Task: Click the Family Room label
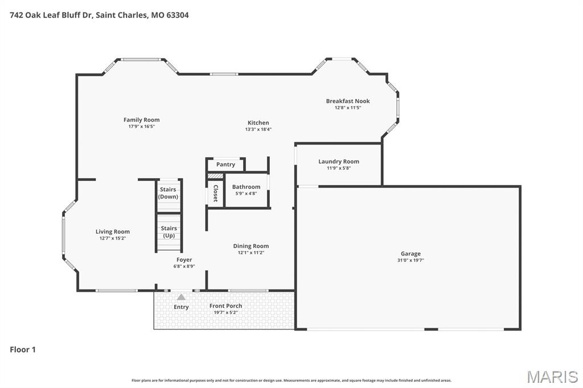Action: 141,120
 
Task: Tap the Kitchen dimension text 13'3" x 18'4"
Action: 258,129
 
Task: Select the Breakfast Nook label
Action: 347,101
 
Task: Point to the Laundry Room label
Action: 338,162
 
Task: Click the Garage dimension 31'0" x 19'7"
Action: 410,260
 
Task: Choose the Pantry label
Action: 225,164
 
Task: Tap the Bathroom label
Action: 246,187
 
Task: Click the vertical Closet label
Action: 215,193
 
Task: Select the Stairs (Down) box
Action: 168,193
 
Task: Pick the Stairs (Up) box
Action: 169,232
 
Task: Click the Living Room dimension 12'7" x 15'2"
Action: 112,238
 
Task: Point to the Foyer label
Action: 184,260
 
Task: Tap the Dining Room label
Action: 251,246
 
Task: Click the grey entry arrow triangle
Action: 181,297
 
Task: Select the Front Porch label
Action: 225,306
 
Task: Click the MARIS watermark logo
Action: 552,377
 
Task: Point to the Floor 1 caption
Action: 23,349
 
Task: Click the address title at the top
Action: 99,15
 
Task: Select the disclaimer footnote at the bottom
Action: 291,381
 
